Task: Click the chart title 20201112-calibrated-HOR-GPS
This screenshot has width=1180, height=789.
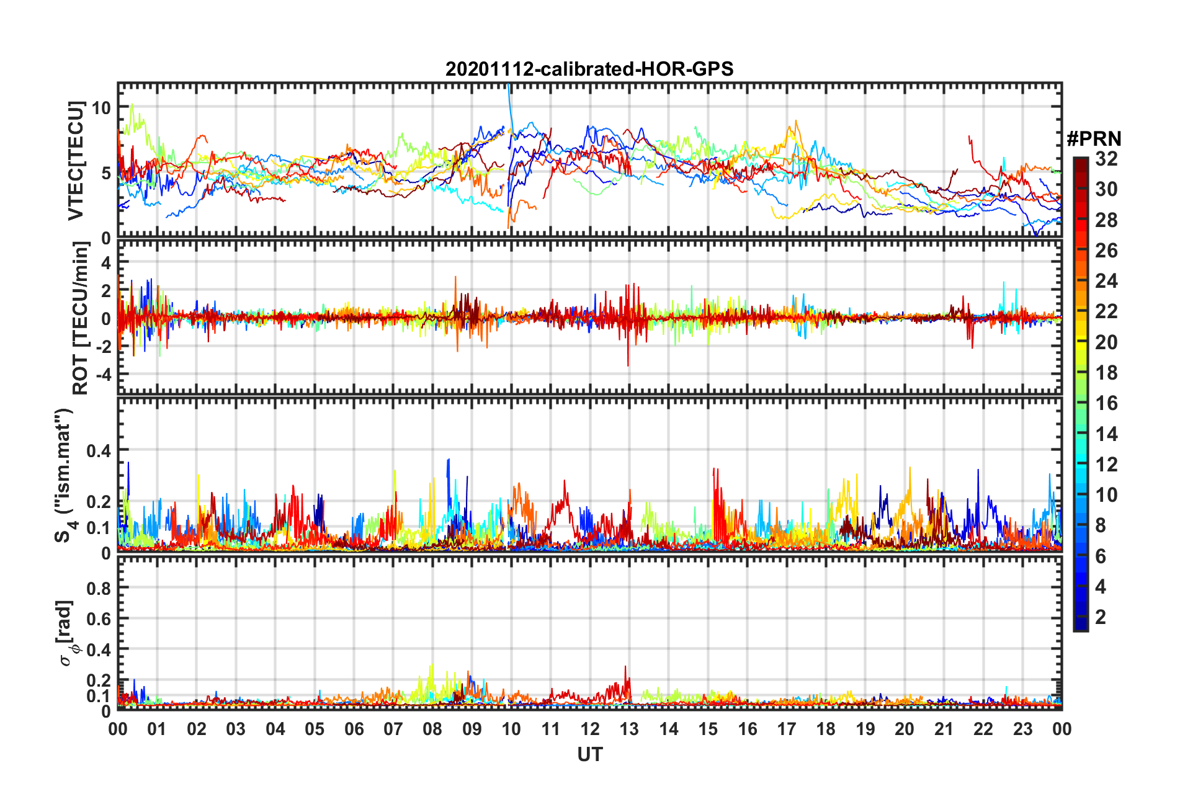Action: (x=589, y=69)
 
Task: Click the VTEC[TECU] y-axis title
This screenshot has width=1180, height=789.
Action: (x=76, y=161)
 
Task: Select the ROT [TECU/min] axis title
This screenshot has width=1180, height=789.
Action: (x=81, y=318)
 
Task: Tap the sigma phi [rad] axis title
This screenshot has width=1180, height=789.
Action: (x=67, y=633)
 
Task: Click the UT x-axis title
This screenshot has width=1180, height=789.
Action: (x=589, y=754)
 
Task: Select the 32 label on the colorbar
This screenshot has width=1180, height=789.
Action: (x=1106, y=159)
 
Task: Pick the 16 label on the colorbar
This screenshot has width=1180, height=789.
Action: (x=1106, y=403)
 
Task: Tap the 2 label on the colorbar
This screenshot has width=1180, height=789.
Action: (x=1101, y=617)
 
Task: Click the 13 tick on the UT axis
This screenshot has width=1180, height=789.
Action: (x=629, y=729)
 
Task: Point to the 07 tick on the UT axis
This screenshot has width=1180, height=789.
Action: (x=393, y=729)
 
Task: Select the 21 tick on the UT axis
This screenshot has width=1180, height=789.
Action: (x=944, y=729)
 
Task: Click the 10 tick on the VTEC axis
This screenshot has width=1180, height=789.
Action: (x=101, y=108)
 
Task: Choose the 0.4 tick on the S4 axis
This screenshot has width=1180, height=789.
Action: (x=99, y=451)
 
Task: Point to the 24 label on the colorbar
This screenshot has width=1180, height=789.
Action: (x=1106, y=281)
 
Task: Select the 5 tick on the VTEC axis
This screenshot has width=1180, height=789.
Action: (x=105, y=173)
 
